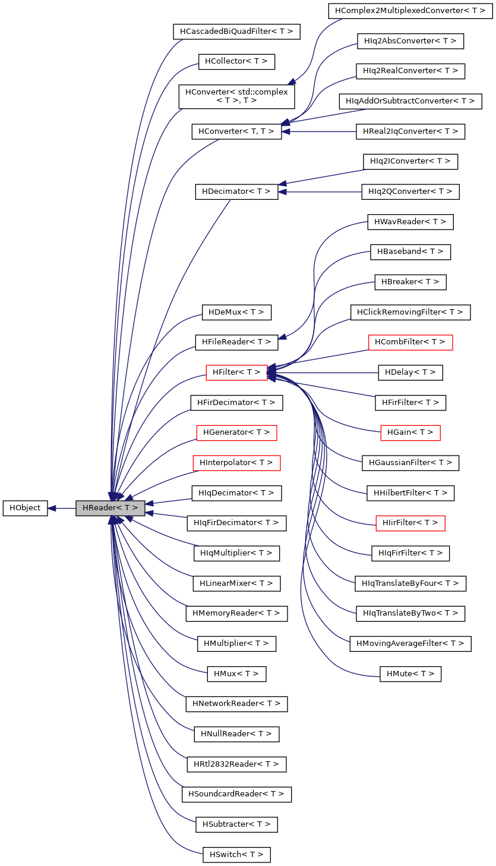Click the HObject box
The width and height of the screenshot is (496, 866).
(25, 509)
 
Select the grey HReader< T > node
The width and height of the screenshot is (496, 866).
(110, 509)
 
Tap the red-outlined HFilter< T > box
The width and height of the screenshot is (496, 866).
(236, 372)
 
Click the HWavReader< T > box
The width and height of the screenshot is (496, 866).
(410, 222)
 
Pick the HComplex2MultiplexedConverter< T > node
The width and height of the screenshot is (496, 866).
(410, 11)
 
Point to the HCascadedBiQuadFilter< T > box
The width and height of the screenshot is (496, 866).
(236, 31)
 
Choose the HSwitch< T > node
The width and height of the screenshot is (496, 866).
(236, 855)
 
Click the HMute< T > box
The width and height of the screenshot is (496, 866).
(410, 674)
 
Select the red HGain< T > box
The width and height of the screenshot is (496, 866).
(410, 432)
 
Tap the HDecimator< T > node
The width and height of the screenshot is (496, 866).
(236, 192)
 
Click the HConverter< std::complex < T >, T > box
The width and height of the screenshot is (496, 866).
(236, 96)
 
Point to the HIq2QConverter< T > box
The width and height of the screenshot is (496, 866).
(410, 192)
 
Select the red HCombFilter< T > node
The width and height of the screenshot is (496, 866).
(410, 342)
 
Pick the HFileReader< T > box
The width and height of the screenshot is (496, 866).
(236, 342)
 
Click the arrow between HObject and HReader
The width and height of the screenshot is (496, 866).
(62, 509)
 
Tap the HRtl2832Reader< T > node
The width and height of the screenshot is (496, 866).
(236, 764)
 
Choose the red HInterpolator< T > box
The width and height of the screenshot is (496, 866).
(236, 462)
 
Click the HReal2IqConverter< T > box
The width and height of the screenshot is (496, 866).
(410, 131)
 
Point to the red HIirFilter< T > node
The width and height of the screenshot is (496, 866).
(410, 523)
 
